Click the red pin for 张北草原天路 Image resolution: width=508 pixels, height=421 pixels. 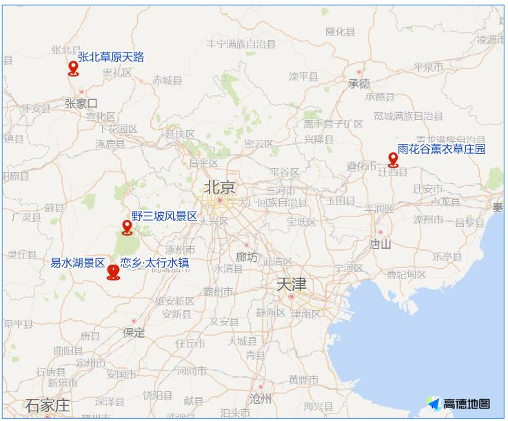pos(73,68)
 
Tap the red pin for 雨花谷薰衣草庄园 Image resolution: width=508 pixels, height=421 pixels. pos(393,159)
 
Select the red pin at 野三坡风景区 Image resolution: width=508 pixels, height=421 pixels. pos(127,227)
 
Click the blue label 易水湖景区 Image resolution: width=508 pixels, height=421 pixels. pos(77,263)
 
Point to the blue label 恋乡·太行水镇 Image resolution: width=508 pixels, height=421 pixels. pos(154,263)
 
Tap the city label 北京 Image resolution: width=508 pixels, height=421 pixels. pos(219,187)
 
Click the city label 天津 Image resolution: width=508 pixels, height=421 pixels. pos(291,284)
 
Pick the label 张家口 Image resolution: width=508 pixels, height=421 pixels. pos(81,103)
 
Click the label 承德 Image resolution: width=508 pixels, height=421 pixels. pos(358,83)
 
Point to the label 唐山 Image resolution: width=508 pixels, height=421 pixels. pos(380,243)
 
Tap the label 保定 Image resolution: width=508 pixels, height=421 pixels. pos(134,333)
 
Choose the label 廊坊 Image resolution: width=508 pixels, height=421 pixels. pos(247,256)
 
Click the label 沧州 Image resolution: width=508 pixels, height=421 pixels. pos(261,398)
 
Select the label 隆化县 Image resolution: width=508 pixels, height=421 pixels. pos(341,32)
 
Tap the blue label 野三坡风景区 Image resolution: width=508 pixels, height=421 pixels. pos(165,216)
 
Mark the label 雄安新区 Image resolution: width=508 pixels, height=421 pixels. pos(174,301)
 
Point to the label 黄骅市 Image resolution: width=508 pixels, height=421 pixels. pos(303,380)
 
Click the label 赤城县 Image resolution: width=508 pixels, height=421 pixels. pos(167,80)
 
